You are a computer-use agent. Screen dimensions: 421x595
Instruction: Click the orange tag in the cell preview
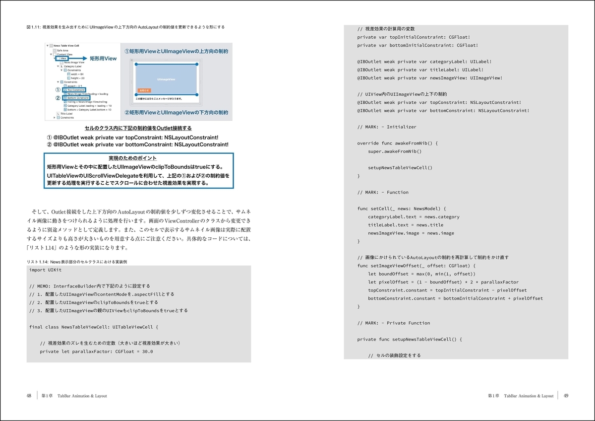142,90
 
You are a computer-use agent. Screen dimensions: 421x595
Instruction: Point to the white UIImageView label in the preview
166,79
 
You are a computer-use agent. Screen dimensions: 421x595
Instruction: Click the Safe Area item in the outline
62,50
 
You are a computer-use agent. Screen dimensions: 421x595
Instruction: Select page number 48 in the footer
29,396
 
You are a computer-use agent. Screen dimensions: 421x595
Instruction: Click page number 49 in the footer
566,396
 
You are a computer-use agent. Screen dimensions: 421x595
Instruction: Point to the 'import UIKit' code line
46,270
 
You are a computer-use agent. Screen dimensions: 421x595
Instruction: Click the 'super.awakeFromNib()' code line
395,151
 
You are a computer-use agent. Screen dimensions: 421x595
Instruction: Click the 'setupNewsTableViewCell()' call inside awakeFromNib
400,168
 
